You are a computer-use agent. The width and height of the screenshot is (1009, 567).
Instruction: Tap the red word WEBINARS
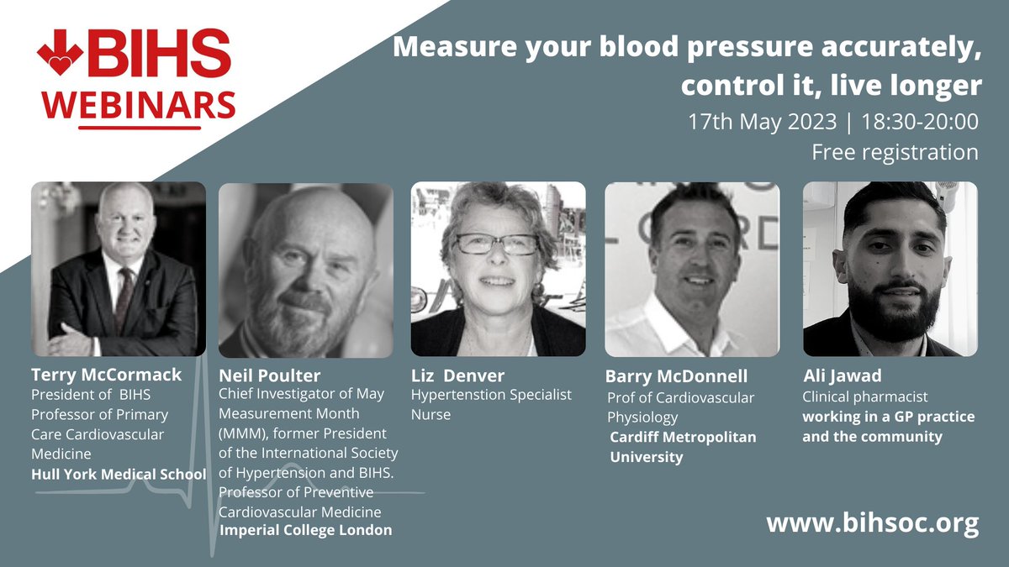tap(140, 105)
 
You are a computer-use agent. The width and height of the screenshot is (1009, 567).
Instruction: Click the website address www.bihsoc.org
tap(873, 523)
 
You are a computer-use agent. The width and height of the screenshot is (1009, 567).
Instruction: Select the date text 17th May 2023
tap(762, 121)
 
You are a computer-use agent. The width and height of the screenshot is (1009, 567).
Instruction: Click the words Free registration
tap(895, 152)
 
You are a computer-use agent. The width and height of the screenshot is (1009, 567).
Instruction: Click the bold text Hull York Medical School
tap(119, 474)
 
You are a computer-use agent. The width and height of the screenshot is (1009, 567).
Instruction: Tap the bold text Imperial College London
tap(305, 530)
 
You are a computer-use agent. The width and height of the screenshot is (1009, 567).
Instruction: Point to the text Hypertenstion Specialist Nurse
tap(491, 403)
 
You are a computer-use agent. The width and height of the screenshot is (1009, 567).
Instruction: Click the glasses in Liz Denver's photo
tap(496, 244)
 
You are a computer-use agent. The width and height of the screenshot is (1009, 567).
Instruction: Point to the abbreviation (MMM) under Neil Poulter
tap(243, 433)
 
